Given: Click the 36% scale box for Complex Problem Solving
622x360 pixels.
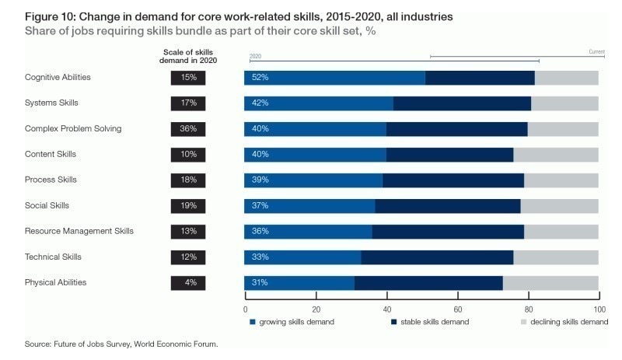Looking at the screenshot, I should pyautogui.click(x=188, y=129).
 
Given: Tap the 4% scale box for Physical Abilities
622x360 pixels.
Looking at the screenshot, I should pyautogui.click(x=188, y=283).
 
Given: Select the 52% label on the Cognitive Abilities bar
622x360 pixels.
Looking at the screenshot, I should pyautogui.click(x=260, y=78).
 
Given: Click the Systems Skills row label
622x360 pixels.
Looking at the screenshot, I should pyautogui.click(x=51, y=103).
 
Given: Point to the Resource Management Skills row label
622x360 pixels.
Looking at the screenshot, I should pyautogui.click(x=79, y=232).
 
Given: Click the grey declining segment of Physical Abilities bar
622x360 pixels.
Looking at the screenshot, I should pyautogui.click(x=550, y=283).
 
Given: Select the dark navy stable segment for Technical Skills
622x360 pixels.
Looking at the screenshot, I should pyautogui.click(x=437, y=257).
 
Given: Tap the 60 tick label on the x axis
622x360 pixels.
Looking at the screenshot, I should pyautogui.click(x=459, y=309).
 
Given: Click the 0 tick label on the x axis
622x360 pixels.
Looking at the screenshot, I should pyautogui.click(x=246, y=309).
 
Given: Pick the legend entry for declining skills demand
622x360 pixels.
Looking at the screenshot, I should pyautogui.click(x=564, y=322).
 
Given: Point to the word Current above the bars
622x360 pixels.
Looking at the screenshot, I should pyautogui.click(x=596, y=52).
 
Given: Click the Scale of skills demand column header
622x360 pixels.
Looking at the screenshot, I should pyautogui.click(x=188, y=55).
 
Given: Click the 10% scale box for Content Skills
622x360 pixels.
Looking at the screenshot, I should pyautogui.click(x=188, y=155).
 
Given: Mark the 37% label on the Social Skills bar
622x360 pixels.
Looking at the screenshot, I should pyautogui.click(x=260, y=206).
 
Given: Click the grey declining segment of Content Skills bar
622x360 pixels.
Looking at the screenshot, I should pyautogui.click(x=556, y=155).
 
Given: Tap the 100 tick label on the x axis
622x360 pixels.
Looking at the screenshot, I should pyautogui.click(x=599, y=309).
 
